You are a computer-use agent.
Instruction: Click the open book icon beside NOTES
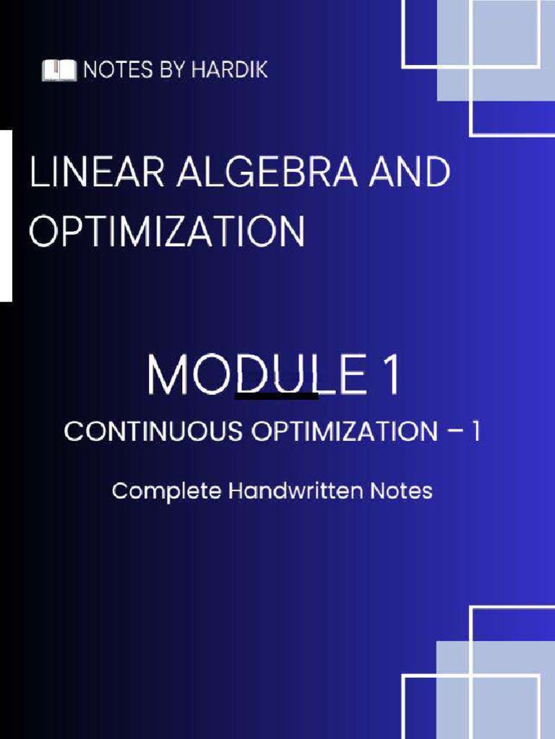click(x=59, y=70)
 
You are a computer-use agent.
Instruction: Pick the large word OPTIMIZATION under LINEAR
click(x=167, y=232)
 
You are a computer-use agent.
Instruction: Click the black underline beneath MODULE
click(x=276, y=395)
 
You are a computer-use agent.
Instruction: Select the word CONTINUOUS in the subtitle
click(x=152, y=432)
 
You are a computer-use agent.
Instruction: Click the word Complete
click(x=165, y=492)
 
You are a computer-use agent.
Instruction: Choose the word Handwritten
click(x=297, y=491)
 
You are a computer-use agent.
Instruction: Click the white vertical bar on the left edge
click(x=6, y=215)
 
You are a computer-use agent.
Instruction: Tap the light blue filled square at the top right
click(x=495, y=51)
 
